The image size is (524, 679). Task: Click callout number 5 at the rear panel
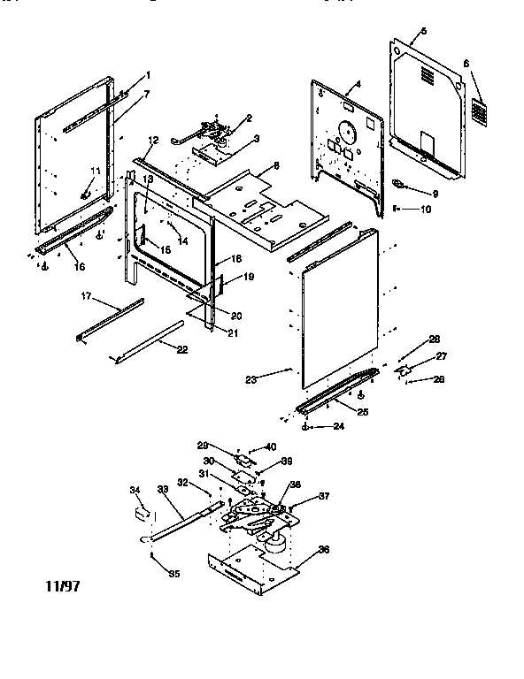[x=423, y=32]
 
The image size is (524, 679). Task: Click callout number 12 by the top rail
[x=152, y=141]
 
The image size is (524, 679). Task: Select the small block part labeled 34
[x=140, y=512]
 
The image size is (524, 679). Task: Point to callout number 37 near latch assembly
[x=324, y=496]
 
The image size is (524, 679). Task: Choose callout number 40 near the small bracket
[x=272, y=446]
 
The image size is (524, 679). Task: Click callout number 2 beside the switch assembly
[x=250, y=118]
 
